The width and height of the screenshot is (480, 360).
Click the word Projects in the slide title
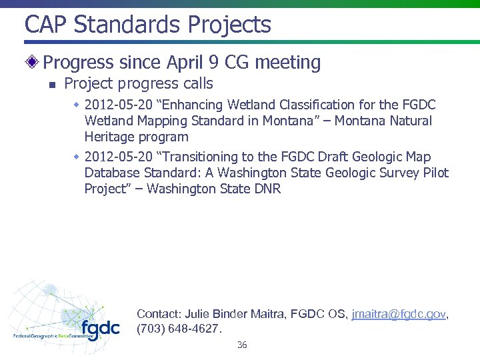tap(229, 25)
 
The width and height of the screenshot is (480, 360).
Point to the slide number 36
tap(242, 345)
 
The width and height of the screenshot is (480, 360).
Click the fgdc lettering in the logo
tap(101, 329)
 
